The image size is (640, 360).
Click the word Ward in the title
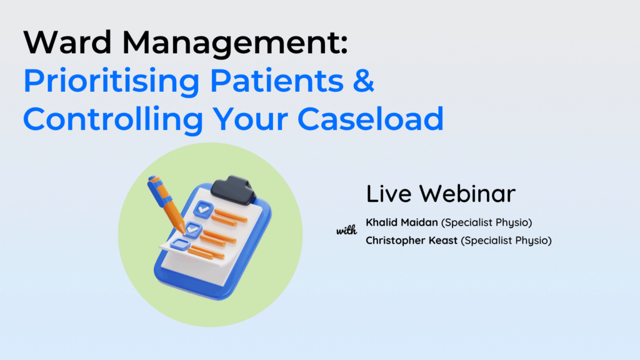point(67,42)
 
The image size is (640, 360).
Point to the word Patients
point(277,81)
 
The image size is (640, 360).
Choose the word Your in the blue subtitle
point(250,119)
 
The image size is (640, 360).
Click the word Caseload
point(371,118)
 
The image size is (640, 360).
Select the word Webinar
point(467,194)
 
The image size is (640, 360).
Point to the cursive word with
point(346,231)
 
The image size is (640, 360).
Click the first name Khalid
point(381,222)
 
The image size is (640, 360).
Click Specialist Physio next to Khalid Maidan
point(486,223)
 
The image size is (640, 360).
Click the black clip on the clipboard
point(234,190)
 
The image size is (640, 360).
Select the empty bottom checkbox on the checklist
point(180,244)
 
